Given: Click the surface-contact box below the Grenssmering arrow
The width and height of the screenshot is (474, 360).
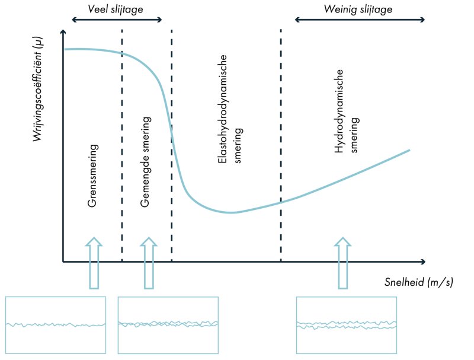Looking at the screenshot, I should click(56, 324).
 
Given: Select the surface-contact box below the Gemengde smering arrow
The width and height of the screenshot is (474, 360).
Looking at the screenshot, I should click(168, 324).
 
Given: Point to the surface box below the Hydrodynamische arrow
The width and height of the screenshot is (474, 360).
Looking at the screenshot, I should click(346, 324).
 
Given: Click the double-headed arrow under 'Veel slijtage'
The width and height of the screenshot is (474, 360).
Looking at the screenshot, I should click(117, 20).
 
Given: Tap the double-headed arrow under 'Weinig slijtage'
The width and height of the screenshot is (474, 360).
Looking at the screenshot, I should click(360, 20).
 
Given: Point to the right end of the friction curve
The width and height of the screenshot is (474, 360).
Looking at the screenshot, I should click(409, 150).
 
